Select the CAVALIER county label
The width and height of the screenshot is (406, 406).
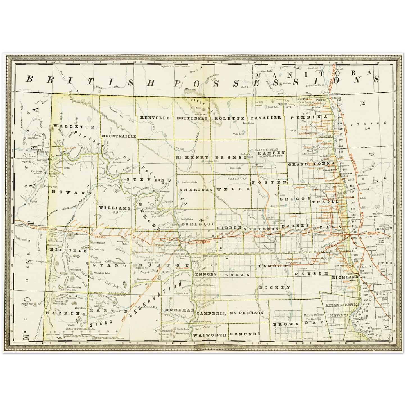click(266, 117)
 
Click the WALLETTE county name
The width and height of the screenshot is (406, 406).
click(74, 127)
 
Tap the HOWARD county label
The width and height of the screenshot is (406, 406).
click(71, 193)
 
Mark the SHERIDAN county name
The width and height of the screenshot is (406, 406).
click(196, 190)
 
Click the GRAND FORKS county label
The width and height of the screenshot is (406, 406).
click(311, 164)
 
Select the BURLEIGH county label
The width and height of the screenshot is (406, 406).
click(198, 224)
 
